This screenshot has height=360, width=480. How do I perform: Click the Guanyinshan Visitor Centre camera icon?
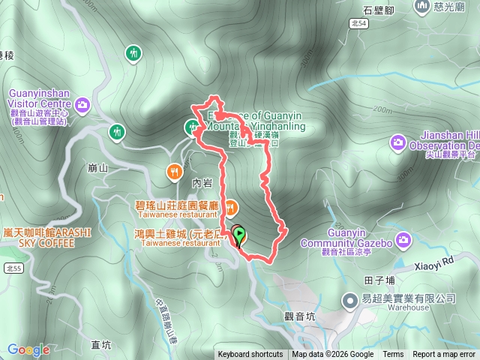click(82, 103)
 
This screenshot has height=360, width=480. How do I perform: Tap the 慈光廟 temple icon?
click(421, 7)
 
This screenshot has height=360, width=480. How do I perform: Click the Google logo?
click(28, 349)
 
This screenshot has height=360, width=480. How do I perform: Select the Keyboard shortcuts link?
click(250, 355)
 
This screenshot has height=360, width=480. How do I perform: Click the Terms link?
click(393, 355)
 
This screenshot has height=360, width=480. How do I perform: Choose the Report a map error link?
click(445, 355)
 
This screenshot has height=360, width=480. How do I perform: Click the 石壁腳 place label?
click(378, 10)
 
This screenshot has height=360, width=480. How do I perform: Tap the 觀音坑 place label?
click(301, 317)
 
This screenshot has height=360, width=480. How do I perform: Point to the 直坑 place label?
click(100, 345)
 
